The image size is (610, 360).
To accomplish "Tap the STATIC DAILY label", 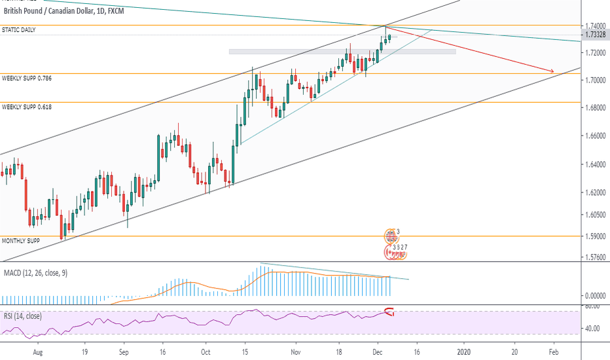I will pos(19,30).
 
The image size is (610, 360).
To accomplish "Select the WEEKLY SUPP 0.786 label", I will pos(27,78).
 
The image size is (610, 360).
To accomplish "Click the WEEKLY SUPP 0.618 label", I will pos(27,106).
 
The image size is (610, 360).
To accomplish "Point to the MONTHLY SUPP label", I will pos(20,241).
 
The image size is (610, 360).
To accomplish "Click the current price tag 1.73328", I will pos(594,35).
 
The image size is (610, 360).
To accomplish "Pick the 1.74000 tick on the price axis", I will pos(594,24).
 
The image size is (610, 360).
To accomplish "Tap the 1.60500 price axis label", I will pos(594,215).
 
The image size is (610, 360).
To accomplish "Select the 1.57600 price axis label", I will pos(594,257).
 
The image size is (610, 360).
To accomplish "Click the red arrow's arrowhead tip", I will pos(554,71).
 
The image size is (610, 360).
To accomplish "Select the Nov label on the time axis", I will pos(295,351).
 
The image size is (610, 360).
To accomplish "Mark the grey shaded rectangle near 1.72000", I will pos(342,51).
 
